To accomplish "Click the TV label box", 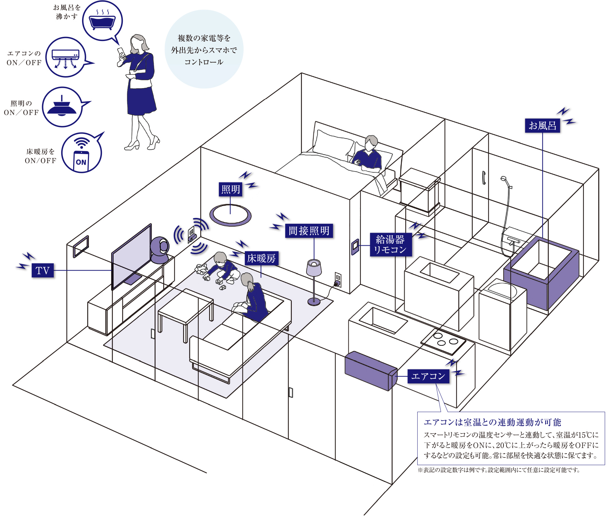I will (43, 271).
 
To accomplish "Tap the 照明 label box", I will (231, 189).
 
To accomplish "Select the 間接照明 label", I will (309, 231).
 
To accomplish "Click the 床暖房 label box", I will (261, 258).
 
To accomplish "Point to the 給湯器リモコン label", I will (390, 244).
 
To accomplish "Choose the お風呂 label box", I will (542, 126).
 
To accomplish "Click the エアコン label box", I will (428, 376).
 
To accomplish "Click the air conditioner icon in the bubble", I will (65, 57).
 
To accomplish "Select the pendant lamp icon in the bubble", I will (62, 107).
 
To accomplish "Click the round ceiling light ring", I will (230, 215).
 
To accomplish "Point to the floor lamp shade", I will (314, 268).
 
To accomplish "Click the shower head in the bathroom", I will (504, 179).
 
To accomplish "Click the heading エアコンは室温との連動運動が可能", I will (492, 422).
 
